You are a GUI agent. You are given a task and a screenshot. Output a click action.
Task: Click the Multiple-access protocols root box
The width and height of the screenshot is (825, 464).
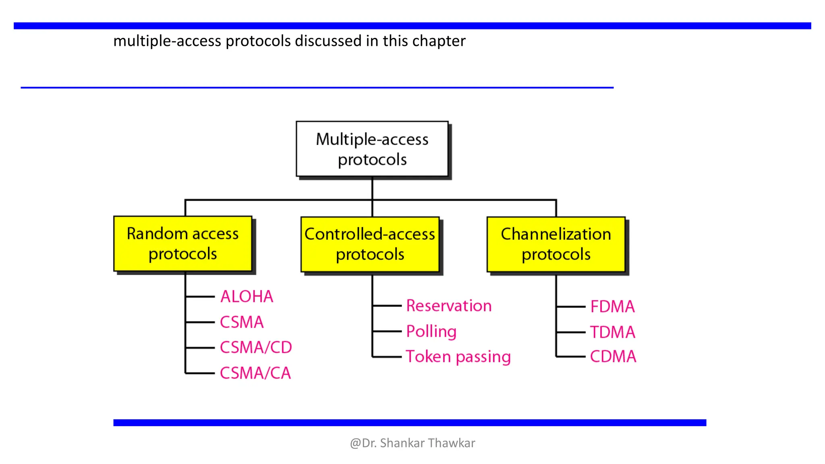pyautogui.click(x=372, y=149)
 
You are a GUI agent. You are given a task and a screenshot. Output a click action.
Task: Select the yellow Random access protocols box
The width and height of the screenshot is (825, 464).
pyautogui.click(x=182, y=243)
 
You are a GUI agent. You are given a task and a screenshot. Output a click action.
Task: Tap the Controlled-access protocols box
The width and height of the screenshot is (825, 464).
pyautogui.click(x=370, y=244)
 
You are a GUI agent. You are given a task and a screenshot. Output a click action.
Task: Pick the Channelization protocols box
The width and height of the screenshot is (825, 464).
pyautogui.click(x=556, y=244)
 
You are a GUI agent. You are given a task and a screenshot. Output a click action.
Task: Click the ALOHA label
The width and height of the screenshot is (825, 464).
pyautogui.click(x=247, y=296)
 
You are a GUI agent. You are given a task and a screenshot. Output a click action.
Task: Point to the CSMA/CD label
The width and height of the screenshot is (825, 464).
pyautogui.click(x=256, y=347)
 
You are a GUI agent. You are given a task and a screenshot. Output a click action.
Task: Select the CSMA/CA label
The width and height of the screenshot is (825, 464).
pyautogui.click(x=255, y=373)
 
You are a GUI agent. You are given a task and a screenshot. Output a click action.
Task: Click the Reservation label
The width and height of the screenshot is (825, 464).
pyautogui.click(x=449, y=306)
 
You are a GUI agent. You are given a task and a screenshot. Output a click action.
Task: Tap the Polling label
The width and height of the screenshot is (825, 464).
pyautogui.click(x=431, y=331)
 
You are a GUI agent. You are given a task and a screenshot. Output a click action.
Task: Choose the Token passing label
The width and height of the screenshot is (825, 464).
pyautogui.click(x=458, y=356)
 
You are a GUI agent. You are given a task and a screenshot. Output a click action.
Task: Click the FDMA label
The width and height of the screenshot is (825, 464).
pyautogui.click(x=612, y=307)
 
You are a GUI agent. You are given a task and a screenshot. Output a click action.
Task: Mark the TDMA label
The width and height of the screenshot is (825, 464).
pyautogui.click(x=612, y=332)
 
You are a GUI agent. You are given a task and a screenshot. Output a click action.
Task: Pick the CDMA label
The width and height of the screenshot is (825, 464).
pyautogui.click(x=613, y=356)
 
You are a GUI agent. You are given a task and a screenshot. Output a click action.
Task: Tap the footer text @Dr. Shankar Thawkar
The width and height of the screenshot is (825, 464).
pyautogui.click(x=412, y=443)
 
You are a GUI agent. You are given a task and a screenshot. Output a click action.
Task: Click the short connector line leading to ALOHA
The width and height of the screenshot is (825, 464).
pyautogui.click(x=200, y=297)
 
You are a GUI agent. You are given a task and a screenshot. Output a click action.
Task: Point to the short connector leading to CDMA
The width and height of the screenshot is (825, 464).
pyautogui.click(x=571, y=356)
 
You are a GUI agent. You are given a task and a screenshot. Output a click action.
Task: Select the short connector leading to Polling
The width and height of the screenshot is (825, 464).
pyautogui.click(x=387, y=331)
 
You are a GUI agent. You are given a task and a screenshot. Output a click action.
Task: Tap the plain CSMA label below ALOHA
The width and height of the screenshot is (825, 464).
pyautogui.click(x=242, y=322)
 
